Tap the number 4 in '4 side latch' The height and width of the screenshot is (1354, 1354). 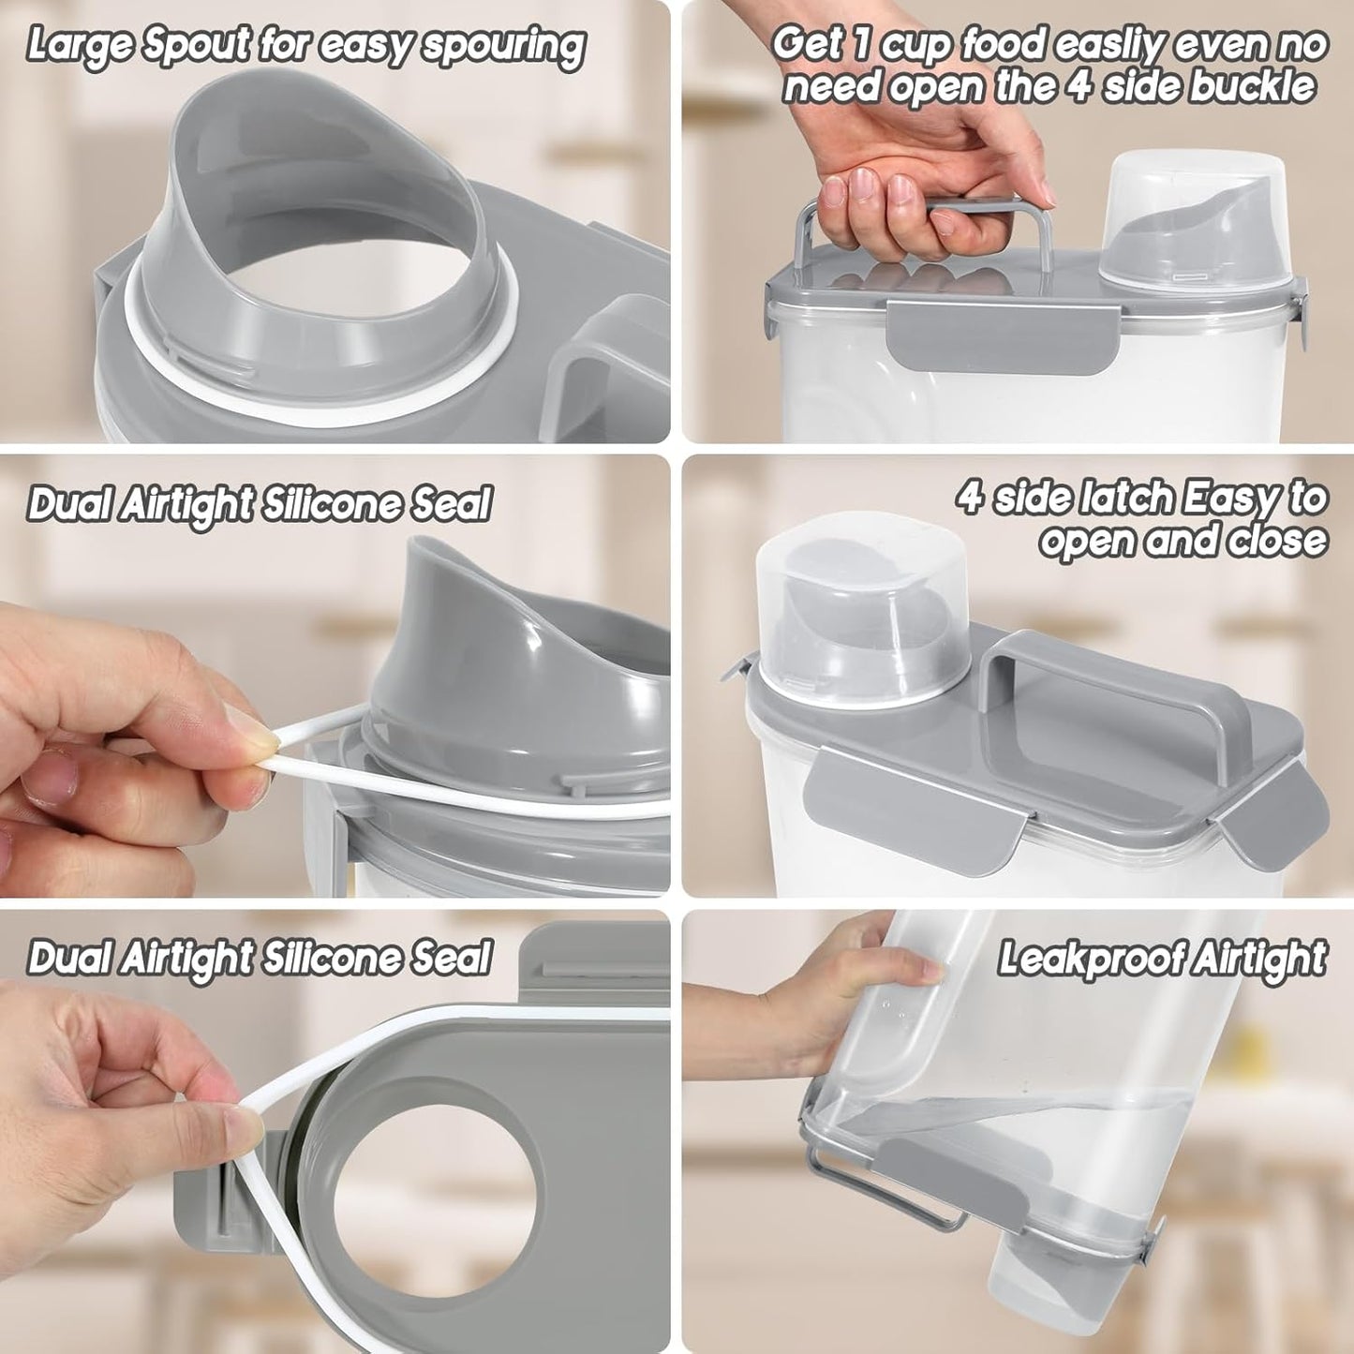(x=971, y=498)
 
